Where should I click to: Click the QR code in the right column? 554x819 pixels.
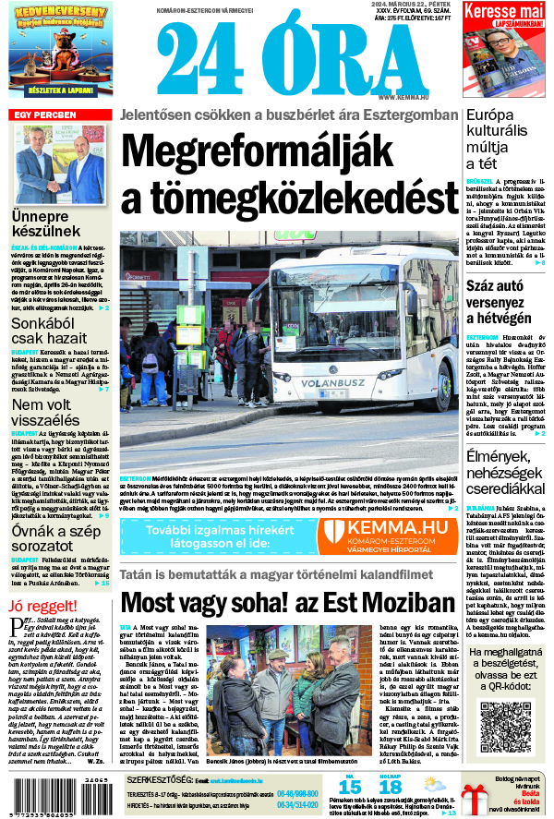pyautogui.click(x=506, y=719)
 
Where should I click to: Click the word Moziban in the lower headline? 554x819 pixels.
pyautogui.click(x=410, y=601)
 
